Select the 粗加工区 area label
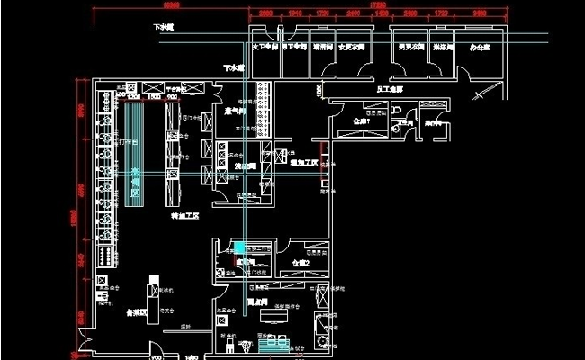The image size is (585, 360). pos(303,163)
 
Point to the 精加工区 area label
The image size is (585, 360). pos(185,216)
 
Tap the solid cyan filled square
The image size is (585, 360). pos(239,247)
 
